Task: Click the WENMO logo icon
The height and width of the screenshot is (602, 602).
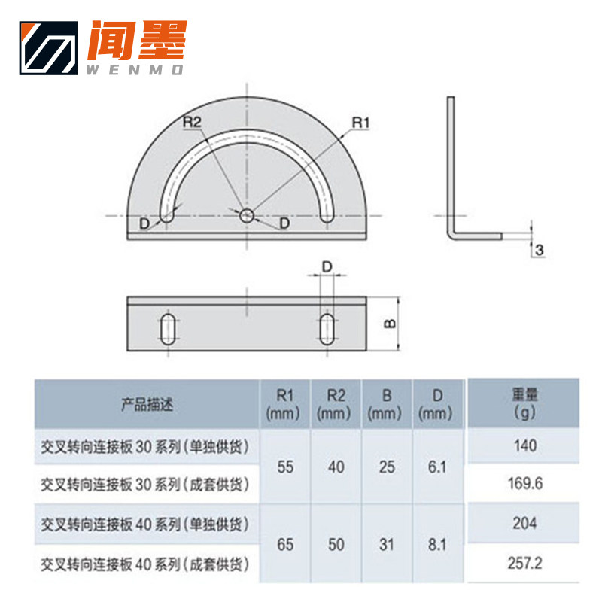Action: (49, 48)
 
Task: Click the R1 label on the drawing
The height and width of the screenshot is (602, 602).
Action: (362, 122)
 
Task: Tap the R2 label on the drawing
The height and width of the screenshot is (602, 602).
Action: (193, 122)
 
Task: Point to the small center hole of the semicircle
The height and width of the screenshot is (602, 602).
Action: (247, 216)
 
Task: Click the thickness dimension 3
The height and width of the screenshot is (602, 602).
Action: (540, 249)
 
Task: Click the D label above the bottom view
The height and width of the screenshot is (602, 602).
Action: (327, 266)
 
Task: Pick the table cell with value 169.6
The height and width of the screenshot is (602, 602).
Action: (526, 483)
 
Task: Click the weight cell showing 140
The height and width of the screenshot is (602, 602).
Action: (526, 445)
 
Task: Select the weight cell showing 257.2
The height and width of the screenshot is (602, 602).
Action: (526, 563)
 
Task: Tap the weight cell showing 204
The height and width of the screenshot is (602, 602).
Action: (526, 523)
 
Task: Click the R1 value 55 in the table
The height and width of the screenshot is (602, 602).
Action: (285, 467)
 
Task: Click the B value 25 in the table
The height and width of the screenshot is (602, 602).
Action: (387, 467)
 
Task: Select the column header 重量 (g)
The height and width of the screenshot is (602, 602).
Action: (524, 403)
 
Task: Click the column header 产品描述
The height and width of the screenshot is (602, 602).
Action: (147, 404)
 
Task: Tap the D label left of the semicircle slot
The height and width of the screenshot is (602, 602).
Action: (144, 223)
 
